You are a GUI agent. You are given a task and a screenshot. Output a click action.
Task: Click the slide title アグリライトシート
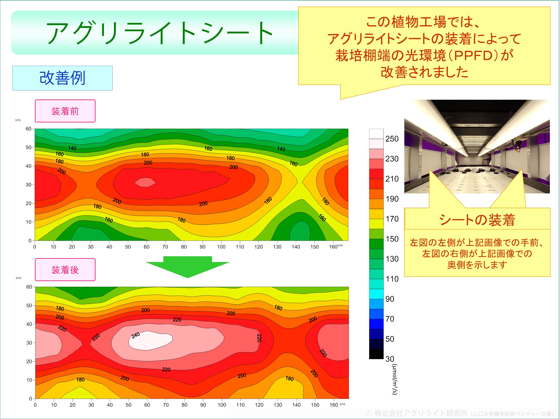(x=159, y=33)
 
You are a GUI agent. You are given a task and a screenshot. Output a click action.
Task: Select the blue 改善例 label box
(x=62, y=78)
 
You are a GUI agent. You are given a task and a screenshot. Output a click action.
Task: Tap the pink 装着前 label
(x=65, y=111)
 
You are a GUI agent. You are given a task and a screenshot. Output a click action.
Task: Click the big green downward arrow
(x=187, y=267)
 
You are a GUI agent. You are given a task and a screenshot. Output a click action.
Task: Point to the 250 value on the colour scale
(x=392, y=139)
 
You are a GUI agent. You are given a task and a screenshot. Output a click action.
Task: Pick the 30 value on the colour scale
(x=390, y=359)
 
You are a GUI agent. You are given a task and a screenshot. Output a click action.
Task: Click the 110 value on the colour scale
(x=392, y=279)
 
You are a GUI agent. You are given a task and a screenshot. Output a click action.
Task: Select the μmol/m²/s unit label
(x=394, y=379)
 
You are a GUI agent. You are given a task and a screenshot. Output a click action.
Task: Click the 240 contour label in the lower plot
(x=135, y=336)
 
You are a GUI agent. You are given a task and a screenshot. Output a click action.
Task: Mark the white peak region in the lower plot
(x=151, y=340)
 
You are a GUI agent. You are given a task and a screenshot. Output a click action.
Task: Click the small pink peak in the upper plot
(x=145, y=182)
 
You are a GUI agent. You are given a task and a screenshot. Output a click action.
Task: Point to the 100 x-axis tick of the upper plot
(x=221, y=247)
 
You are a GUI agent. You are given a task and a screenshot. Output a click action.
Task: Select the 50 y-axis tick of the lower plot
(x=29, y=306)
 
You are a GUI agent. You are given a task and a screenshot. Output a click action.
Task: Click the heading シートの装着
(x=477, y=220)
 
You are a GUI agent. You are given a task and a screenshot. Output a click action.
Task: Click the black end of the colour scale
(x=376, y=354)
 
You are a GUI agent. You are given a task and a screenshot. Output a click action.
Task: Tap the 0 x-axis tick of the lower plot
(x=35, y=405)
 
